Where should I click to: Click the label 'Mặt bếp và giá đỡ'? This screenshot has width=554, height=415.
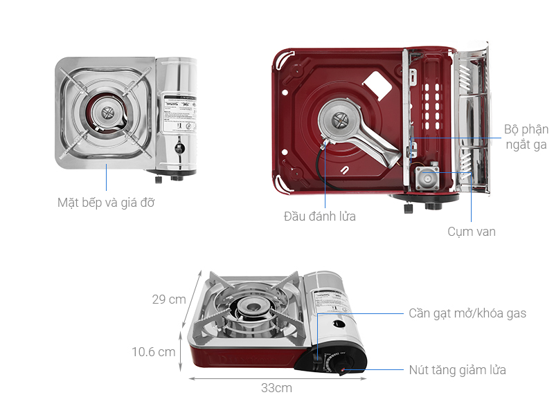click(x=106, y=203)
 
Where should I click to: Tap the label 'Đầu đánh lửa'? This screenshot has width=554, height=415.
click(x=319, y=216)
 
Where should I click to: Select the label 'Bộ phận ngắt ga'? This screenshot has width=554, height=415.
click(x=526, y=137)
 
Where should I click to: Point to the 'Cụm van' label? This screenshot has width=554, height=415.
click(x=471, y=232)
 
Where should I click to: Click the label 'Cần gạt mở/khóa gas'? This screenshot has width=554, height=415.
click(x=467, y=313)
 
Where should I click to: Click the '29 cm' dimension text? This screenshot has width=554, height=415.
click(x=169, y=299)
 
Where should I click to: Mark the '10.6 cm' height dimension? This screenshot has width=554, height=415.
click(x=154, y=352)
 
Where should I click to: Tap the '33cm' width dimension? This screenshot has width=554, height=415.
click(x=276, y=388)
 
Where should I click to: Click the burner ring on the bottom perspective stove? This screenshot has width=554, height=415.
click(x=248, y=310)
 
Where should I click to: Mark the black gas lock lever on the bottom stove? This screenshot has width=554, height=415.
click(x=318, y=360)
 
